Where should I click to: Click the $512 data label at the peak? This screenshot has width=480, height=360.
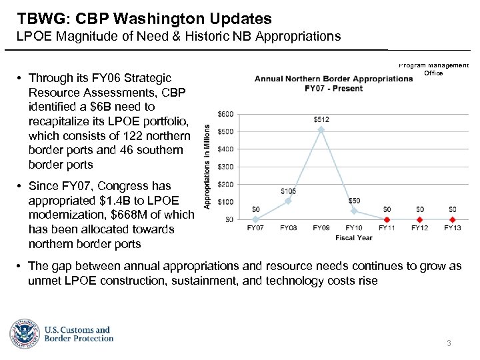[321, 119]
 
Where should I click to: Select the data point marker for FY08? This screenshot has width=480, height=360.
[288, 201]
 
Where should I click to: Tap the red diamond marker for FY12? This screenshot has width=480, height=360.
[419, 219]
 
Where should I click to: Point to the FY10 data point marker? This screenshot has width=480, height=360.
[354, 211]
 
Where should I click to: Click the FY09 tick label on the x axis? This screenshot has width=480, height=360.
[321, 228]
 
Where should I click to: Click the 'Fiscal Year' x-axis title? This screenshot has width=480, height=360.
[354, 237]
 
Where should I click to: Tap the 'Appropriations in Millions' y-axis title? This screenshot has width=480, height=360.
[207, 166]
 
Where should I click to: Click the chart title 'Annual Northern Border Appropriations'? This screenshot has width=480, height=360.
[333, 79]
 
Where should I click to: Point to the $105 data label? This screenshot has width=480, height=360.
[288, 191]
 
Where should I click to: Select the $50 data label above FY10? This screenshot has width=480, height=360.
[354, 201]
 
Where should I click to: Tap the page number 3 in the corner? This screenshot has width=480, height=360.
[449, 343]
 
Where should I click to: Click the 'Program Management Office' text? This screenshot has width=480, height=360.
[433, 69]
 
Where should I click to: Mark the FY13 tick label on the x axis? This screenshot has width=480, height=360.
[452, 228]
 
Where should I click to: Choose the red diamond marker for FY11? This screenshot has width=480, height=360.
[387, 219]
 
